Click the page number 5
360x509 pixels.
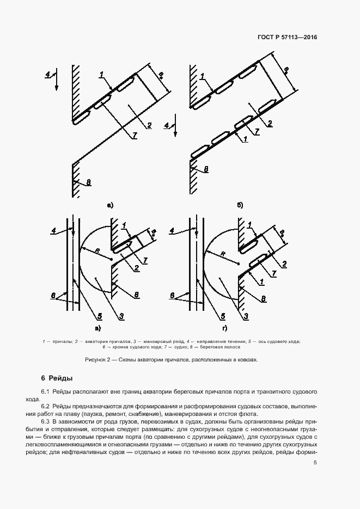pos(315,463)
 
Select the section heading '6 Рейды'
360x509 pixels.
pos(57,378)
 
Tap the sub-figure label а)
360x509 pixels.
pos(110,205)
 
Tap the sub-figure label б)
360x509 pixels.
pos(240,205)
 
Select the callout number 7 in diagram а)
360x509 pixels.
pos(134,136)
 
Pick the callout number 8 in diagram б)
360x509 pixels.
pos(206,170)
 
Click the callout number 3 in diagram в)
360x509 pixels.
pos(121,317)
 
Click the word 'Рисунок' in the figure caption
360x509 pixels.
pos(96,360)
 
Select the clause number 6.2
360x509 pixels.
pos(46,407)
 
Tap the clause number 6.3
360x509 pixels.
pos(46,422)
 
